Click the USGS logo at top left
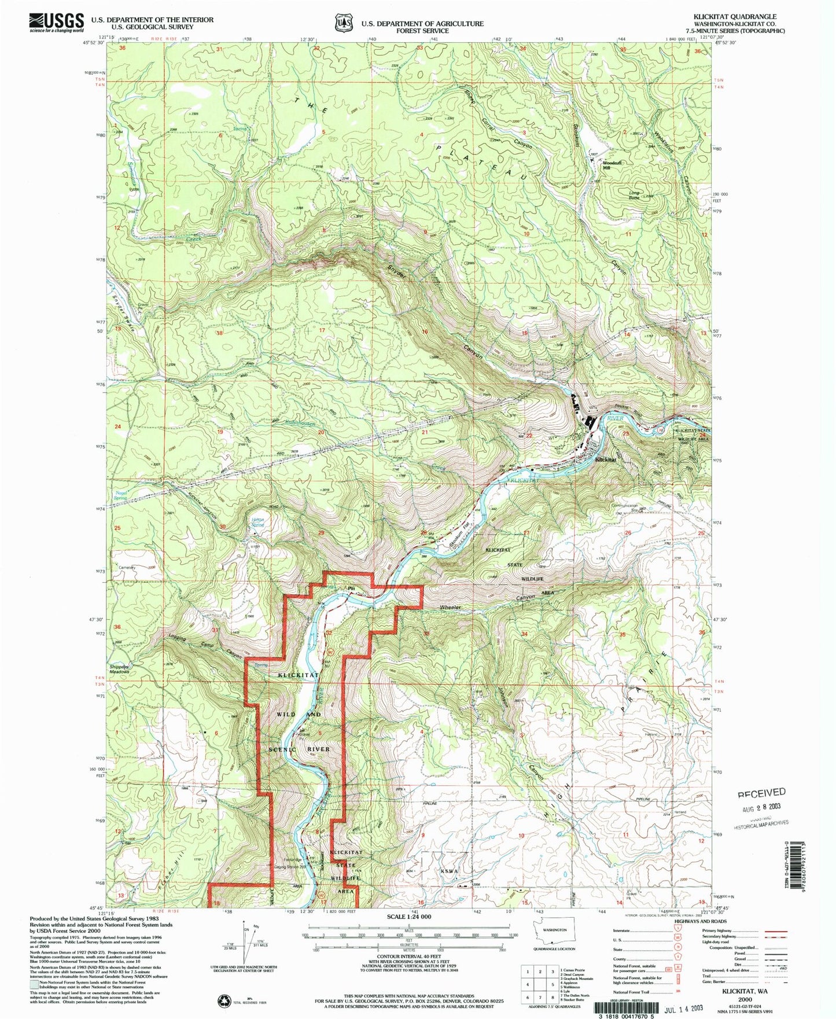(x=56, y=22)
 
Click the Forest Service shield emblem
(x=344, y=23)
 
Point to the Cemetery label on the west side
(x=127, y=568)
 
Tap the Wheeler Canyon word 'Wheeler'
(x=450, y=608)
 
